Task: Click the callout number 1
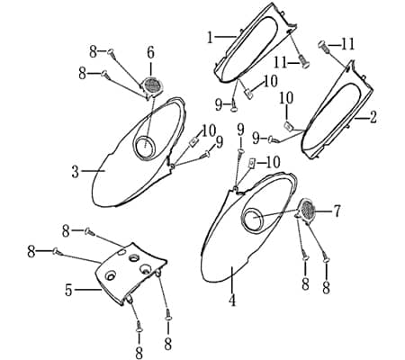pyautogui.click(x=211, y=38)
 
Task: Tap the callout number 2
pyautogui.click(x=373, y=117)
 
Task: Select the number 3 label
pyautogui.click(x=76, y=172)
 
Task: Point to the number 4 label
pyautogui.click(x=232, y=301)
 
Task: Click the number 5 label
pyautogui.click(x=68, y=290)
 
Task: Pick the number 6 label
pyautogui.click(x=150, y=53)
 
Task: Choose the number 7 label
pyautogui.click(x=337, y=211)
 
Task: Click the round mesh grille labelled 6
pyautogui.click(x=153, y=85)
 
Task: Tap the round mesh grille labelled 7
pyautogui.click(x=306, y=211)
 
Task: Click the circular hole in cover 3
pyautogui.click(x=145, y=146)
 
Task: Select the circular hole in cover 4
pyautogui.click(x=253, y=218)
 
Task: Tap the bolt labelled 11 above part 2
pyautogui.click(x=324, y=48)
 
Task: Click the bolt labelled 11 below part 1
pyautogui.click(x=302, y=61)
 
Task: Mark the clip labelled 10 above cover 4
pyautogui.click(x=252, y=164)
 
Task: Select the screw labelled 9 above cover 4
pyautogui.click(x=240, y=155)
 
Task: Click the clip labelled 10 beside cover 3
pyautogui.click(x=194, y=141)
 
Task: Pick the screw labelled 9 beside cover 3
pyautogui.click(x=206, y=155)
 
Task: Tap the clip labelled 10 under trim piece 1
pyautogui.click(x=248, y=94)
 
